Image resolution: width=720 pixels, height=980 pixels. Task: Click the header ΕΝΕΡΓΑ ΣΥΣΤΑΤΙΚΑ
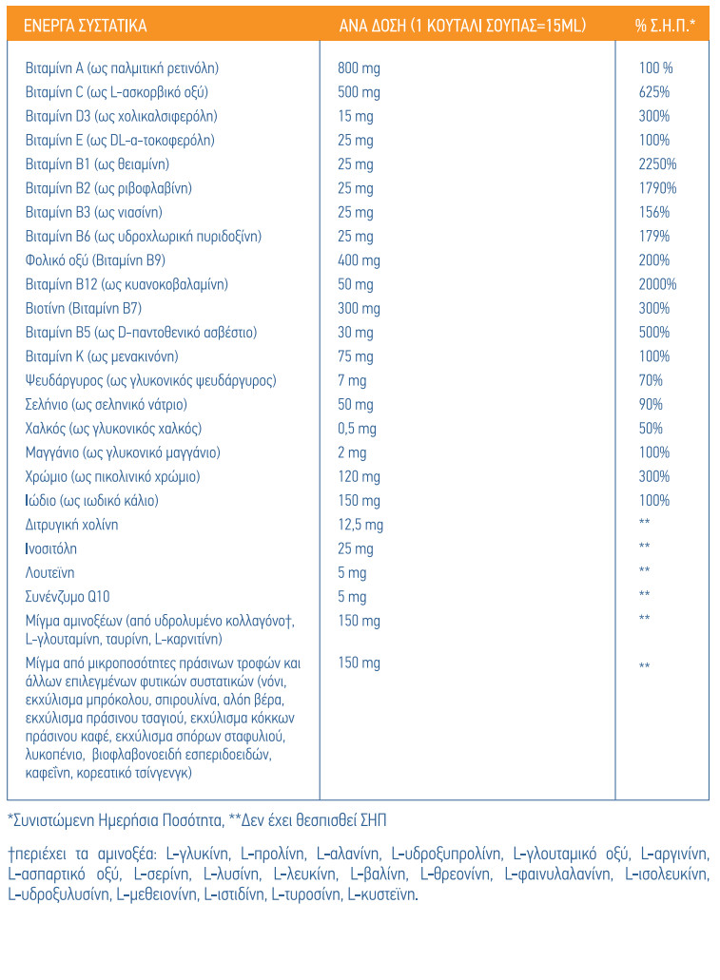pyautogui.click(x=85, y=26)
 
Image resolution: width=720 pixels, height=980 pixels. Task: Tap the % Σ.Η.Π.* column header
pyautogui.click(x=664, y=26)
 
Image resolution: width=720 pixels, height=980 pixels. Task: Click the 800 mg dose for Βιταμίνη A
pyautogui.click(x=359, y=68)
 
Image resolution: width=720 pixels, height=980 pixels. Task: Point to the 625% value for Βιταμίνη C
pyautogui.click(x=653, y=92)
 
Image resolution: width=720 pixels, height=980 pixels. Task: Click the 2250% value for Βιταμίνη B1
pyautogui.click(x=657, y=163)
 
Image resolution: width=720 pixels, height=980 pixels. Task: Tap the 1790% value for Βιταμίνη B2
pyautogui.click(x=657, y=188)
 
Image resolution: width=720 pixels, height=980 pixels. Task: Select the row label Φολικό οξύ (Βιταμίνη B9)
pyautogui.click(x=95, y=260)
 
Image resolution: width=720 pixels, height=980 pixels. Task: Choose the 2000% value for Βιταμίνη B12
pyautogui.click(x=657, y=284)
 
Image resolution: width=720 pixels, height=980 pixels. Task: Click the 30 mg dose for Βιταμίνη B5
pyautogui.click(x=356, y=333)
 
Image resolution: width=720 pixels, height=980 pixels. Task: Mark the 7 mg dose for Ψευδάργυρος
pyautogui.click(x=352, y=380)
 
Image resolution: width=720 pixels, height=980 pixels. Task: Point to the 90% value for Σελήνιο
pyautogui.click(x=651, y=404)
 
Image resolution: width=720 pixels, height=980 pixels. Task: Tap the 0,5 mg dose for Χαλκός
pyautogui.click(x=357, y=429)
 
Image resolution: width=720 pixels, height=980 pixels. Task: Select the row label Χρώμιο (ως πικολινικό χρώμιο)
pyautogui.click(x=112, y=477)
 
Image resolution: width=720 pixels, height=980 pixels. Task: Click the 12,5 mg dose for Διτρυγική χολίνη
pyautogui.click(x=360, y=525)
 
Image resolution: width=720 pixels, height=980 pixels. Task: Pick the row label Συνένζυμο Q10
pyautogui.click(x=67, y=597)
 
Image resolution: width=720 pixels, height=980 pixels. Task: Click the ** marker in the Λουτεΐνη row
pyautogui.click(x=644, y=570)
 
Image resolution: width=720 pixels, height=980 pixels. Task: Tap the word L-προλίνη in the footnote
pyautogui.click(x=273, y=854)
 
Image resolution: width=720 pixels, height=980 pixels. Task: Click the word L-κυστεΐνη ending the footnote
pyautogui.click(x=383, y=894)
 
